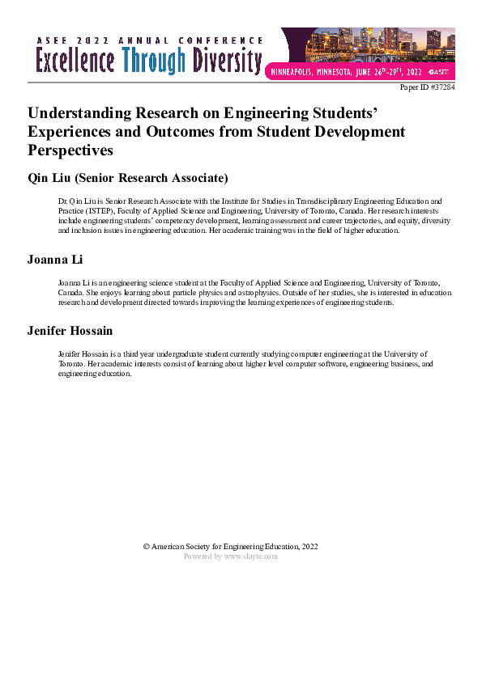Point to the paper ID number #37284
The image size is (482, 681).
441,87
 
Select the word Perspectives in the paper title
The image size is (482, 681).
70,150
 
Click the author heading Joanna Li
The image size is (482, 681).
56,260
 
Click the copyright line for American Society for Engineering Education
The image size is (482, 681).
230,547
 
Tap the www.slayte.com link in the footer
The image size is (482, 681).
250,556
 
